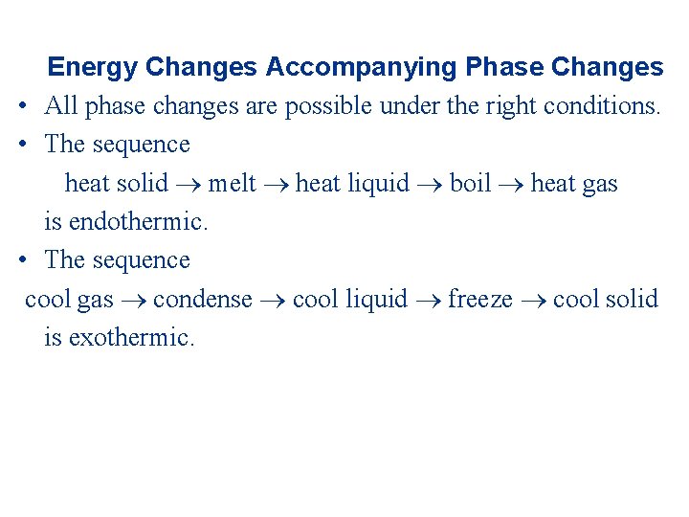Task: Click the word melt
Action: pyautogui.click(x=233, y=183)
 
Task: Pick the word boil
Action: pyautogui.click(x=470, y=183)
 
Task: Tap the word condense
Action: pyautogui.click(x=202, y=299)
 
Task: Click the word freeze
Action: pyautogui.click(x=480, y=299)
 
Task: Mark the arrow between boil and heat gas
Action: pyautogui.click(x=511, y=184)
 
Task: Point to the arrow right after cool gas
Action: pyautogui.click(x=133, y=300)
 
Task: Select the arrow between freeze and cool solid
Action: pyautogui.click(x=533, y=300)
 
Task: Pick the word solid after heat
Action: pyautogui.click(x=142, y=183)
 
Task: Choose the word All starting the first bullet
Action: pyautogui.click(x=61, y=106)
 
